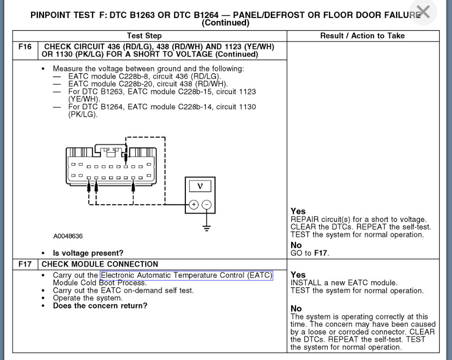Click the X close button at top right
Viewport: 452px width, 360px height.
coord(423,12)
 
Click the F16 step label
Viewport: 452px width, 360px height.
coord(25,47)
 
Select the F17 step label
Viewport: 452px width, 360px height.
coord(25,264)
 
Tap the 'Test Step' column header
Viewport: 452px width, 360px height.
coord(144,36)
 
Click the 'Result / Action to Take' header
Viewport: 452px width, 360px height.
coord(362,36)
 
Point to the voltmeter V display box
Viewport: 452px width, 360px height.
coord(200,186)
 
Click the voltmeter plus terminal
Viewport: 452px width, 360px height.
coord(193,204)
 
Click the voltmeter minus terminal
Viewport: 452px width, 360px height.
coord(207,204)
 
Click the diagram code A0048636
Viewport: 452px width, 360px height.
coord(68,236)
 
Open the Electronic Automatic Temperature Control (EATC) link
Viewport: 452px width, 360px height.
coord(186,276)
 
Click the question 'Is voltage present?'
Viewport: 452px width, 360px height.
coord(88,253)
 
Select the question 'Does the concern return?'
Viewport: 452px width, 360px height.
coord(100,306)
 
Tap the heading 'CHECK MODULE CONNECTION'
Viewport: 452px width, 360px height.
coord(100,264)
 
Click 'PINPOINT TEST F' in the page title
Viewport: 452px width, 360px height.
coord(68,14)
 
